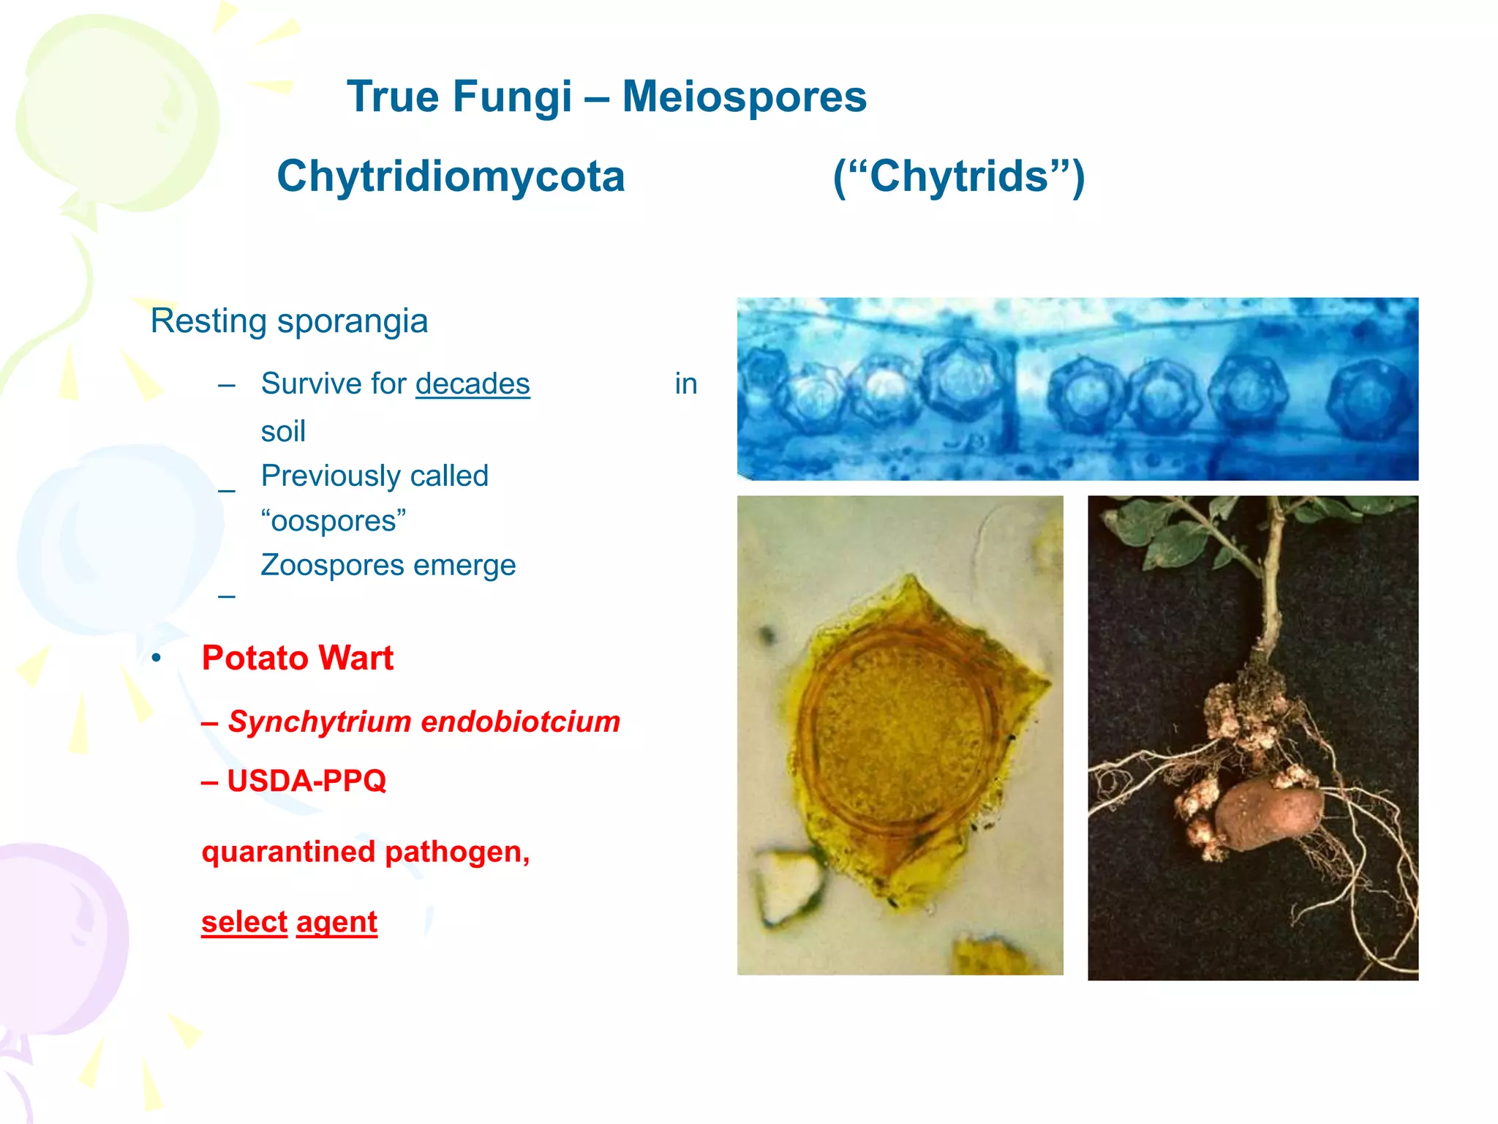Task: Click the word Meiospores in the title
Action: [x=744, y=97]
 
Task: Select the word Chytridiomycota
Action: [x=451, y=176]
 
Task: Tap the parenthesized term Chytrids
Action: [x=959, y=176]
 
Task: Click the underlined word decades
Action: [x=473, y=383]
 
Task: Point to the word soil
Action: [x=283, y=431]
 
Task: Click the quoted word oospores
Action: [x=334, y=521]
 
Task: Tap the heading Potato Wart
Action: [x=297, y=658]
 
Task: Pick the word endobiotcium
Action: [x=521, y=722]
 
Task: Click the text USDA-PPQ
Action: [x=306, y=781]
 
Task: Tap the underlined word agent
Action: [x=336, y=922]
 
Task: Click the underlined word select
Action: [x=244, y=922]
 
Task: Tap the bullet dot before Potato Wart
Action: [x=156, y=659]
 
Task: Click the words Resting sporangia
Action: [x=289, y=321]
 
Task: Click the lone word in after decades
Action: [x=685, y=383]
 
